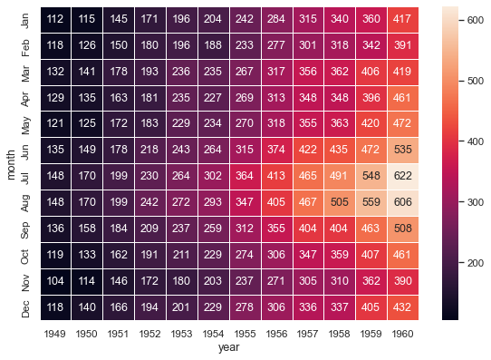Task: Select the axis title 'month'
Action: click(x=11, y=162)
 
